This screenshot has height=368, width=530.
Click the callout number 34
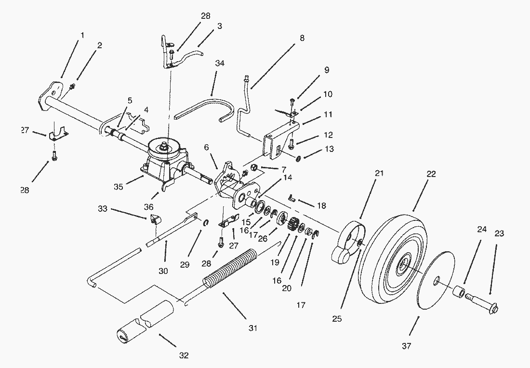click(x=220, y=63)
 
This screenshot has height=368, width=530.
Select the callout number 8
click(x=302, y=39)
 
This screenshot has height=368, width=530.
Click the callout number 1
click(x=82, y=35)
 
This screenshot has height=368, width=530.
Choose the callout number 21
click(x=379, y=173)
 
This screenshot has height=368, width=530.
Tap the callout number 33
click(x=102, y=209)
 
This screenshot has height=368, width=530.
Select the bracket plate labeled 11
click(x=282, y=137)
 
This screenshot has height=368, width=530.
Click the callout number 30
click(x=163, y=271)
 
